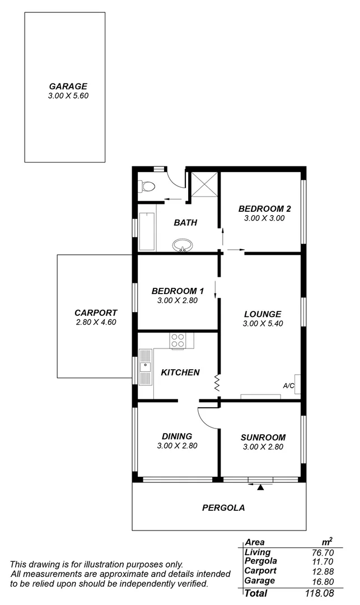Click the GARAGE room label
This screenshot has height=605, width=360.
68,86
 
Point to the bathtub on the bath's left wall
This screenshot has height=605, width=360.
147,230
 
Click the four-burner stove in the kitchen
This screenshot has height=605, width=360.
178,341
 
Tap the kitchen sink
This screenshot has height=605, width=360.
146,367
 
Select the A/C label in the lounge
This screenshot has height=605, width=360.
289,385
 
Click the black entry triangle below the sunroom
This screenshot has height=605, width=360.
260,487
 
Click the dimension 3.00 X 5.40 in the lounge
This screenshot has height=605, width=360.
262,324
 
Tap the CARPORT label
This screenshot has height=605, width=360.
96,313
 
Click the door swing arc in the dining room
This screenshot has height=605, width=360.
205,417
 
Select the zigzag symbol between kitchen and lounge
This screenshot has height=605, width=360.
216,383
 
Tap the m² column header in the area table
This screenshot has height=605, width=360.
328,541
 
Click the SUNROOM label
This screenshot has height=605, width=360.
263,438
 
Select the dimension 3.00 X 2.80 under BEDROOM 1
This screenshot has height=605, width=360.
177,300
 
